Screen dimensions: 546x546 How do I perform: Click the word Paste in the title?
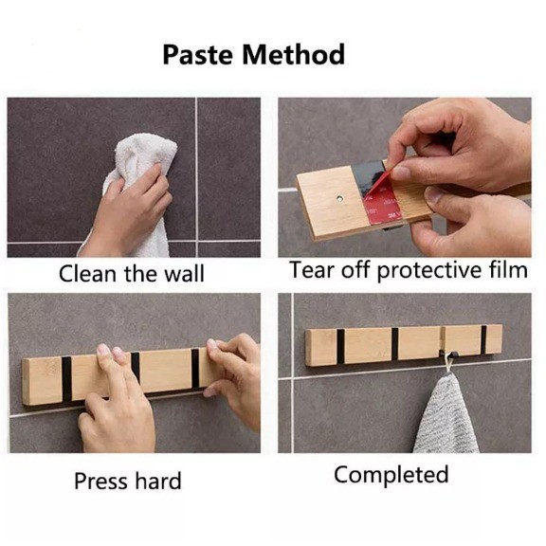pyautogui.click(x=197, y=55)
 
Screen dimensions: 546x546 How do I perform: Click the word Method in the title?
pyautogui.click(x=294, y=54)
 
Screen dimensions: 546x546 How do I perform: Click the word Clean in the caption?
pyautogui.click(x=88, y=274)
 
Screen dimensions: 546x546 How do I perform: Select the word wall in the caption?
pyautogui.click(x=184, y=273)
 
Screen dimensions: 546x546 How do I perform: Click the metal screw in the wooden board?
pyautogui.click(x=339, y=199)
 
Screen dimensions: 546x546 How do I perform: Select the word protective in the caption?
pyautogui.click(x=430, y=271)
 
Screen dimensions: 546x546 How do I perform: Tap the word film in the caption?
pyautogui.click(x=509, y=269)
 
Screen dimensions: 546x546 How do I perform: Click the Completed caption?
pyautogui.click(x=391, y=475)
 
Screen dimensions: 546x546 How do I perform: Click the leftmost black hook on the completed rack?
pyautogui.click(x=340, y=346)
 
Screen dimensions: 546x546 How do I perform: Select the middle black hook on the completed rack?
pyautogui.click(x=395, y=344)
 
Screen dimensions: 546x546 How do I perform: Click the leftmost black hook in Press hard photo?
pyautogui.click(x=66, y=378)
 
